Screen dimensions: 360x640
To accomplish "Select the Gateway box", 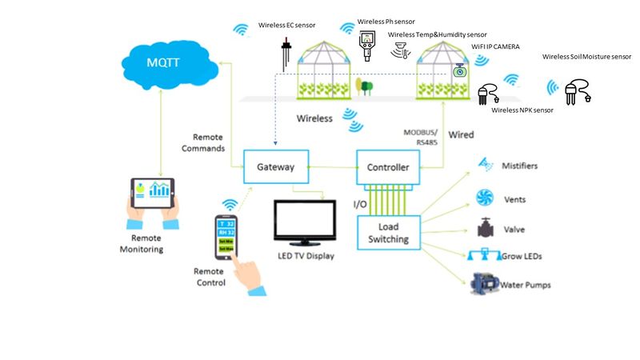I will click(275, 167).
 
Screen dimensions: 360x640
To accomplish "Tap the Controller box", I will click(387, 167).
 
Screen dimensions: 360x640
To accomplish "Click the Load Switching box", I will click(388, 233).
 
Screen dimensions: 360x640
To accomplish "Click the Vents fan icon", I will click(485, 198).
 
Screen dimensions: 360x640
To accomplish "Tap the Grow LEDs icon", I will click(484, 256).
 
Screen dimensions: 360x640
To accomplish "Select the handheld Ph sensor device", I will click(367, 46).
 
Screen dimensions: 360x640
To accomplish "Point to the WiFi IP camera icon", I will click(459, 70).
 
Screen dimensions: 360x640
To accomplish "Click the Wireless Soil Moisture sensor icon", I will click(577, 91).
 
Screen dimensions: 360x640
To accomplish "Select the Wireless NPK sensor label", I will click(522, 110).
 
